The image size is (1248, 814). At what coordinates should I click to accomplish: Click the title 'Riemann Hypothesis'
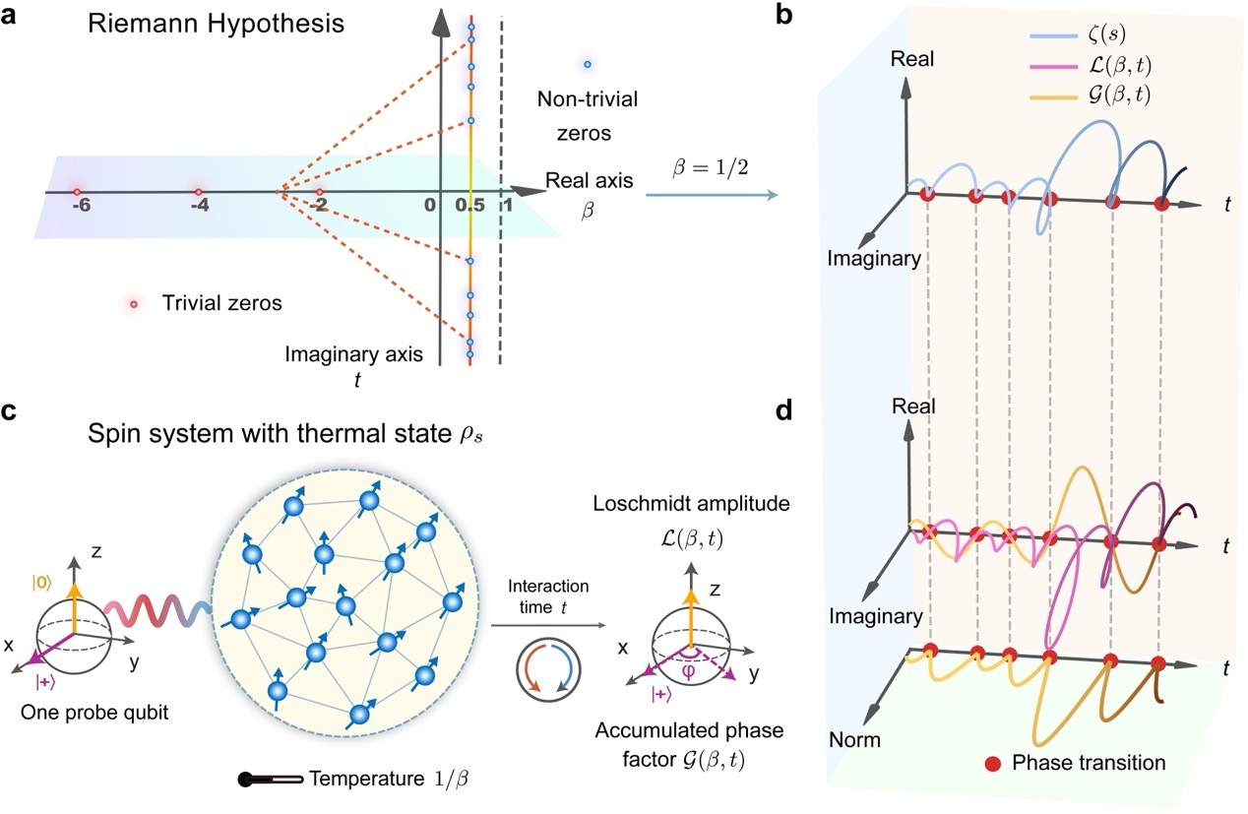217,25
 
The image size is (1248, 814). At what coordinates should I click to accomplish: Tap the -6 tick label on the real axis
82,206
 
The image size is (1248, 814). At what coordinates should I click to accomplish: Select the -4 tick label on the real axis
200,206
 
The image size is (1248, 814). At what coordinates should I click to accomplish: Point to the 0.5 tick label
469,205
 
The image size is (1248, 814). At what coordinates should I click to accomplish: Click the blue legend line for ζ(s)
1053,36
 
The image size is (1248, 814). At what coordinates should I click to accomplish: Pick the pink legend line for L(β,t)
1053,67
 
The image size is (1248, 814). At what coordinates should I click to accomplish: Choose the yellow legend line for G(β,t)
1053,97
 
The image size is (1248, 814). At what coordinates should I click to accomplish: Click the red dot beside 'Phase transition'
992,763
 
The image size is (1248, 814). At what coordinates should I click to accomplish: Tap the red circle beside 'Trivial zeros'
134,304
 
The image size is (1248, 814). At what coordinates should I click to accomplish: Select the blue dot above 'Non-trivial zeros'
588,64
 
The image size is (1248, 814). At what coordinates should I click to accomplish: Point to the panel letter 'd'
783,410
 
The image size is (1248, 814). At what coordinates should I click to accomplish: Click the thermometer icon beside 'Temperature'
271,779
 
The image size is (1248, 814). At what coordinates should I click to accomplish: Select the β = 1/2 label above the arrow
711,167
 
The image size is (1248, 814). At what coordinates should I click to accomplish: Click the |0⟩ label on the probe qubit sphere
41,584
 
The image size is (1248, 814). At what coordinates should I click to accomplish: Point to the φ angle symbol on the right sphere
689,671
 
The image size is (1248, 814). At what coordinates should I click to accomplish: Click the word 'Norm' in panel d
854,740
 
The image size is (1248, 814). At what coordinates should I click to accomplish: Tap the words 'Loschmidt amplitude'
691,504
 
